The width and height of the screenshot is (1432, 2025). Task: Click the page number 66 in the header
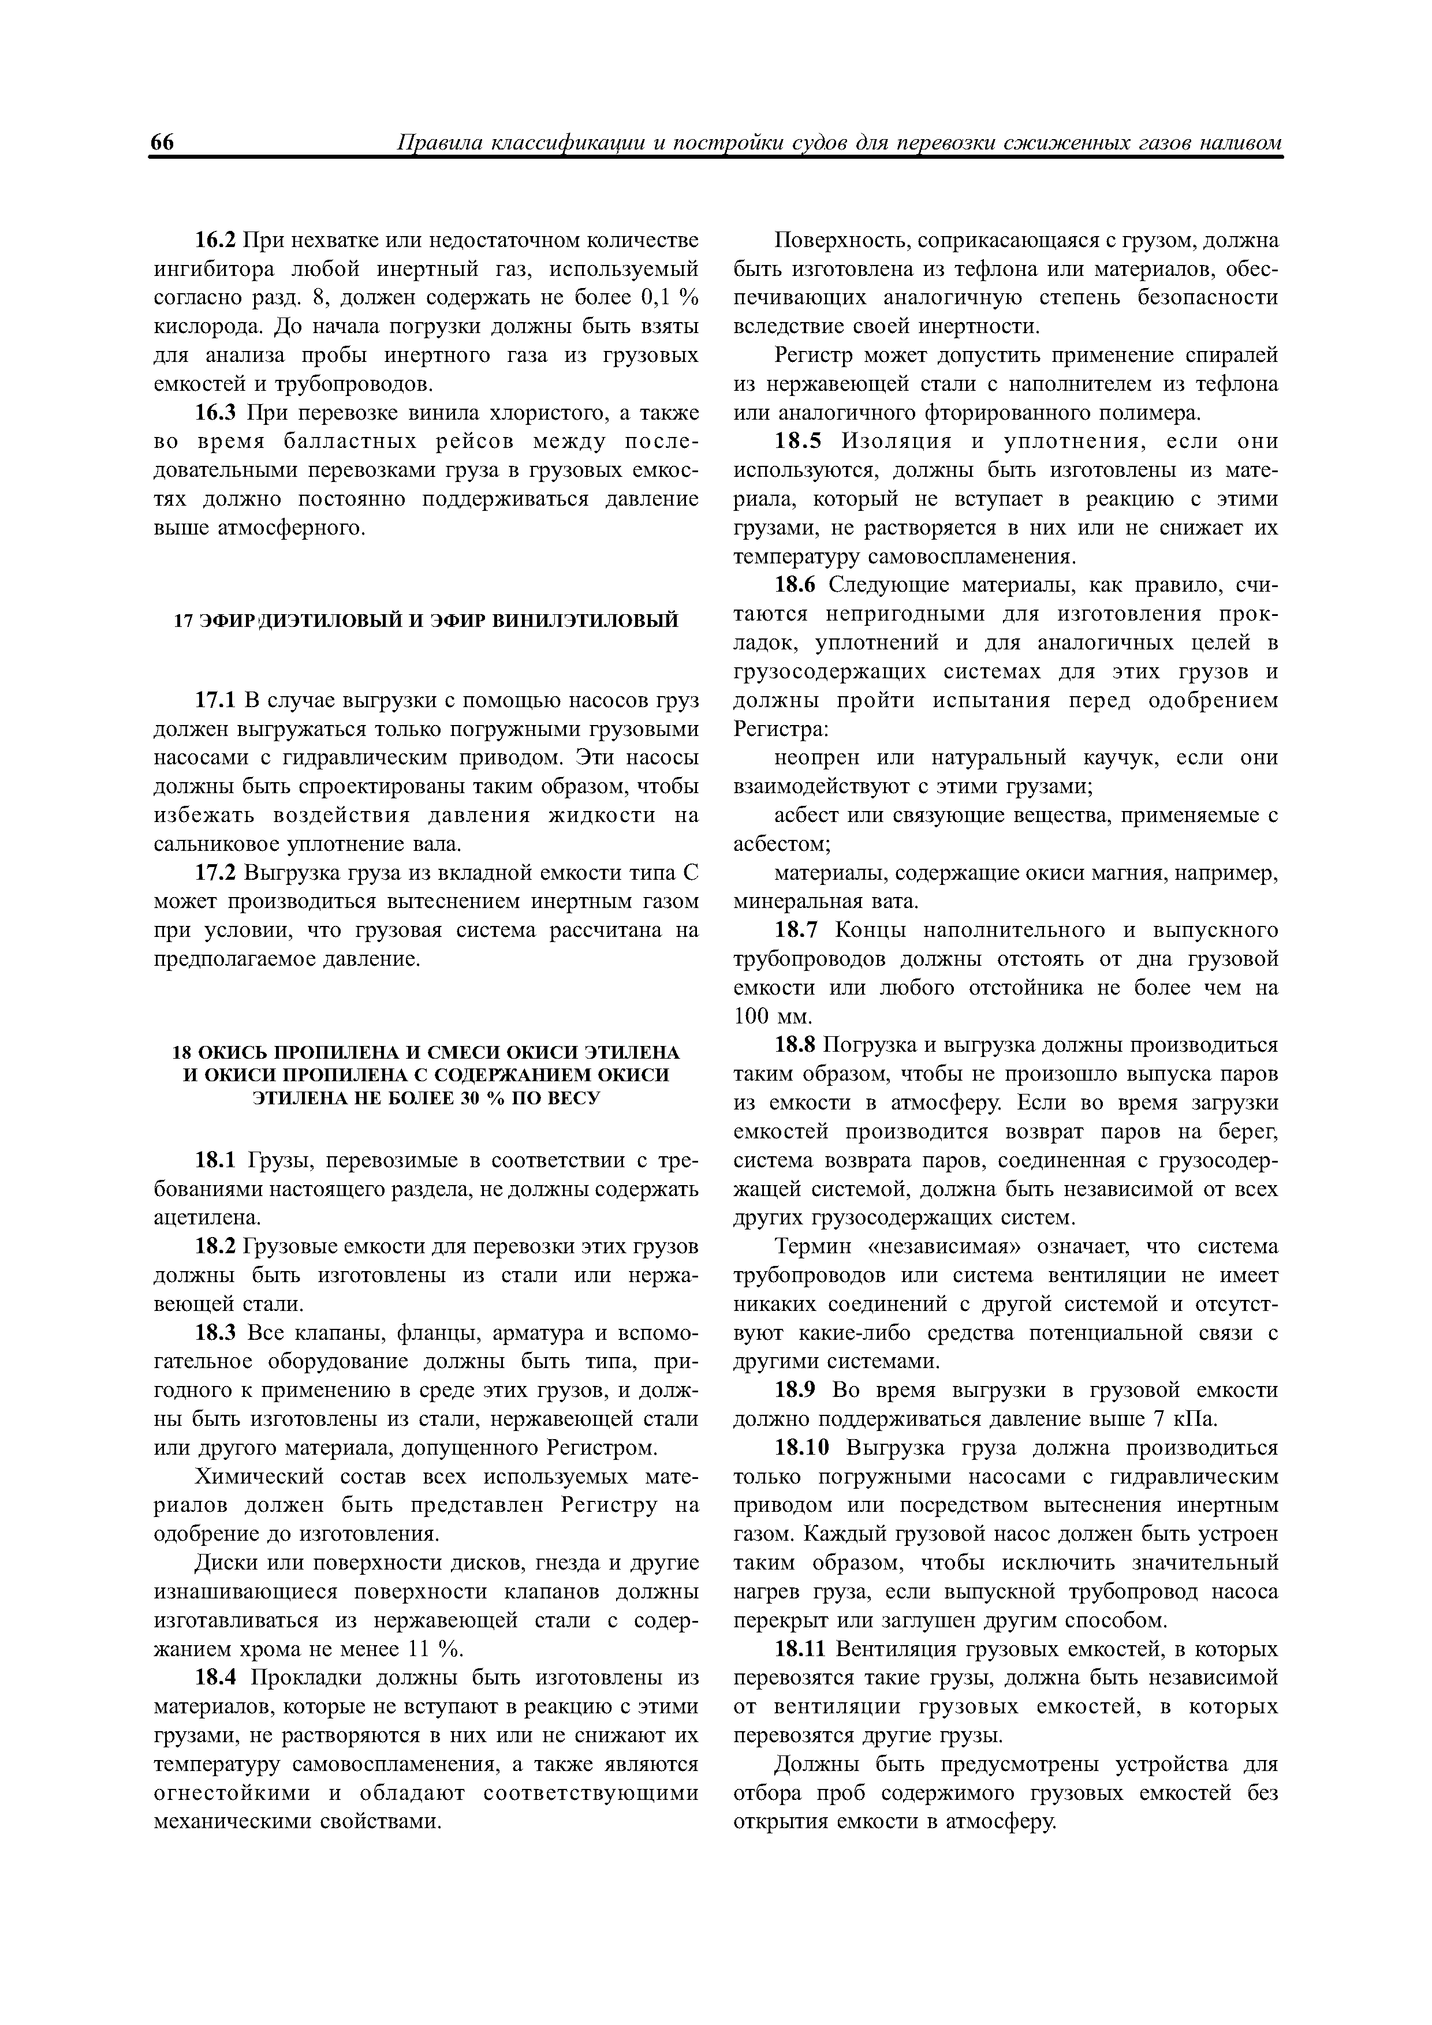coord(163,143)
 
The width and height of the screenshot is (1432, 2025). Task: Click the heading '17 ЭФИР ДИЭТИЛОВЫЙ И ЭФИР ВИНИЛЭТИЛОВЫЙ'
coord(426,621)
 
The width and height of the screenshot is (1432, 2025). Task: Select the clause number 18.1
coord(216,1160)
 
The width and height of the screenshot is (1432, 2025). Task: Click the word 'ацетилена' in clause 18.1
coord(207,1217)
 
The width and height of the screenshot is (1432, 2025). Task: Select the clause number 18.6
coord(797,586)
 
